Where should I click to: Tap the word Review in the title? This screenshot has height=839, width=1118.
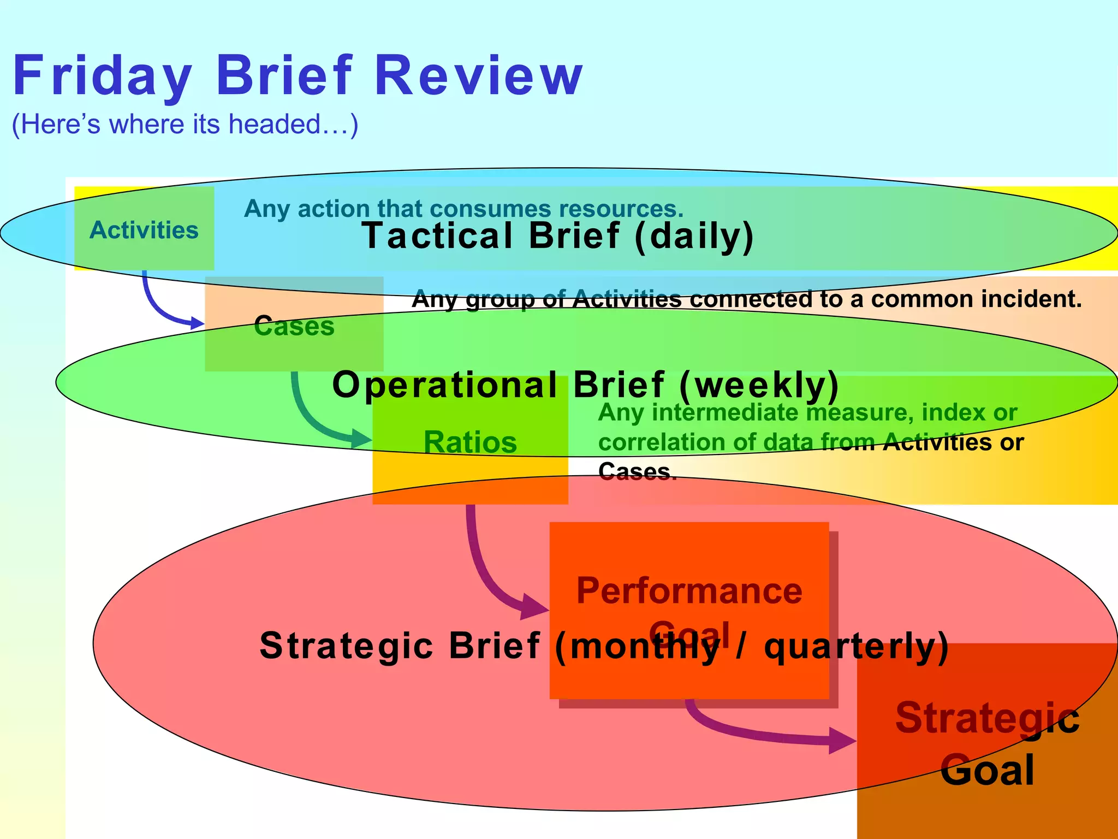tap(479, 76)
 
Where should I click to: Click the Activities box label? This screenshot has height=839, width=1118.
tap(144, 230)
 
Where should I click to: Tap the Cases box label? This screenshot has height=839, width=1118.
tap(294, 327)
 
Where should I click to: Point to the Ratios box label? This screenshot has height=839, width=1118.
tap(470, 442)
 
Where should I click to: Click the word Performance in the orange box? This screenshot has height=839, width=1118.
tap(689, 591)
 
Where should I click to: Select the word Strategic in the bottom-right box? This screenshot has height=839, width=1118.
tap(987, 718)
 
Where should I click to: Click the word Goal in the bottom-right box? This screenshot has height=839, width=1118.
tap(987, 770)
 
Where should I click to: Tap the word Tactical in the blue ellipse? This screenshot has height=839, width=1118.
tap(437, 236)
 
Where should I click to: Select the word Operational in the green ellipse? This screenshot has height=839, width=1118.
tap(445, 385)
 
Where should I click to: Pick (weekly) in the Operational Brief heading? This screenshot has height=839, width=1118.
tap(759, 385)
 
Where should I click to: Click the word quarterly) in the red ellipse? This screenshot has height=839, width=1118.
tap(856, 647)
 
